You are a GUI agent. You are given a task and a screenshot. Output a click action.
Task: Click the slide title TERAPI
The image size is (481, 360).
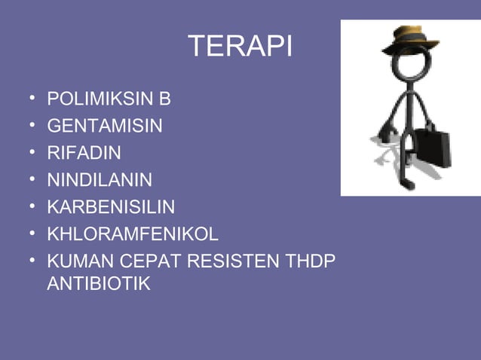[x=240, y=47]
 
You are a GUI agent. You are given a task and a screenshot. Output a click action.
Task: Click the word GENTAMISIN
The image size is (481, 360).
[x=105, y=126]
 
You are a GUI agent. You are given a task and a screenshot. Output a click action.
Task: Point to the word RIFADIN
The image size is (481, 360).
[x=84, y=153]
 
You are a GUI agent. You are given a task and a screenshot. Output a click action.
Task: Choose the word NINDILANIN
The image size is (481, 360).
[x=100, y=180]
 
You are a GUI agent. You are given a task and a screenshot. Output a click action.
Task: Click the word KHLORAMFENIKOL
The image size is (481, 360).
[x=133, y=234]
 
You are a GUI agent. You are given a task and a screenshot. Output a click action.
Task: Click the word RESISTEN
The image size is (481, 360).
[x=228, y=261]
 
